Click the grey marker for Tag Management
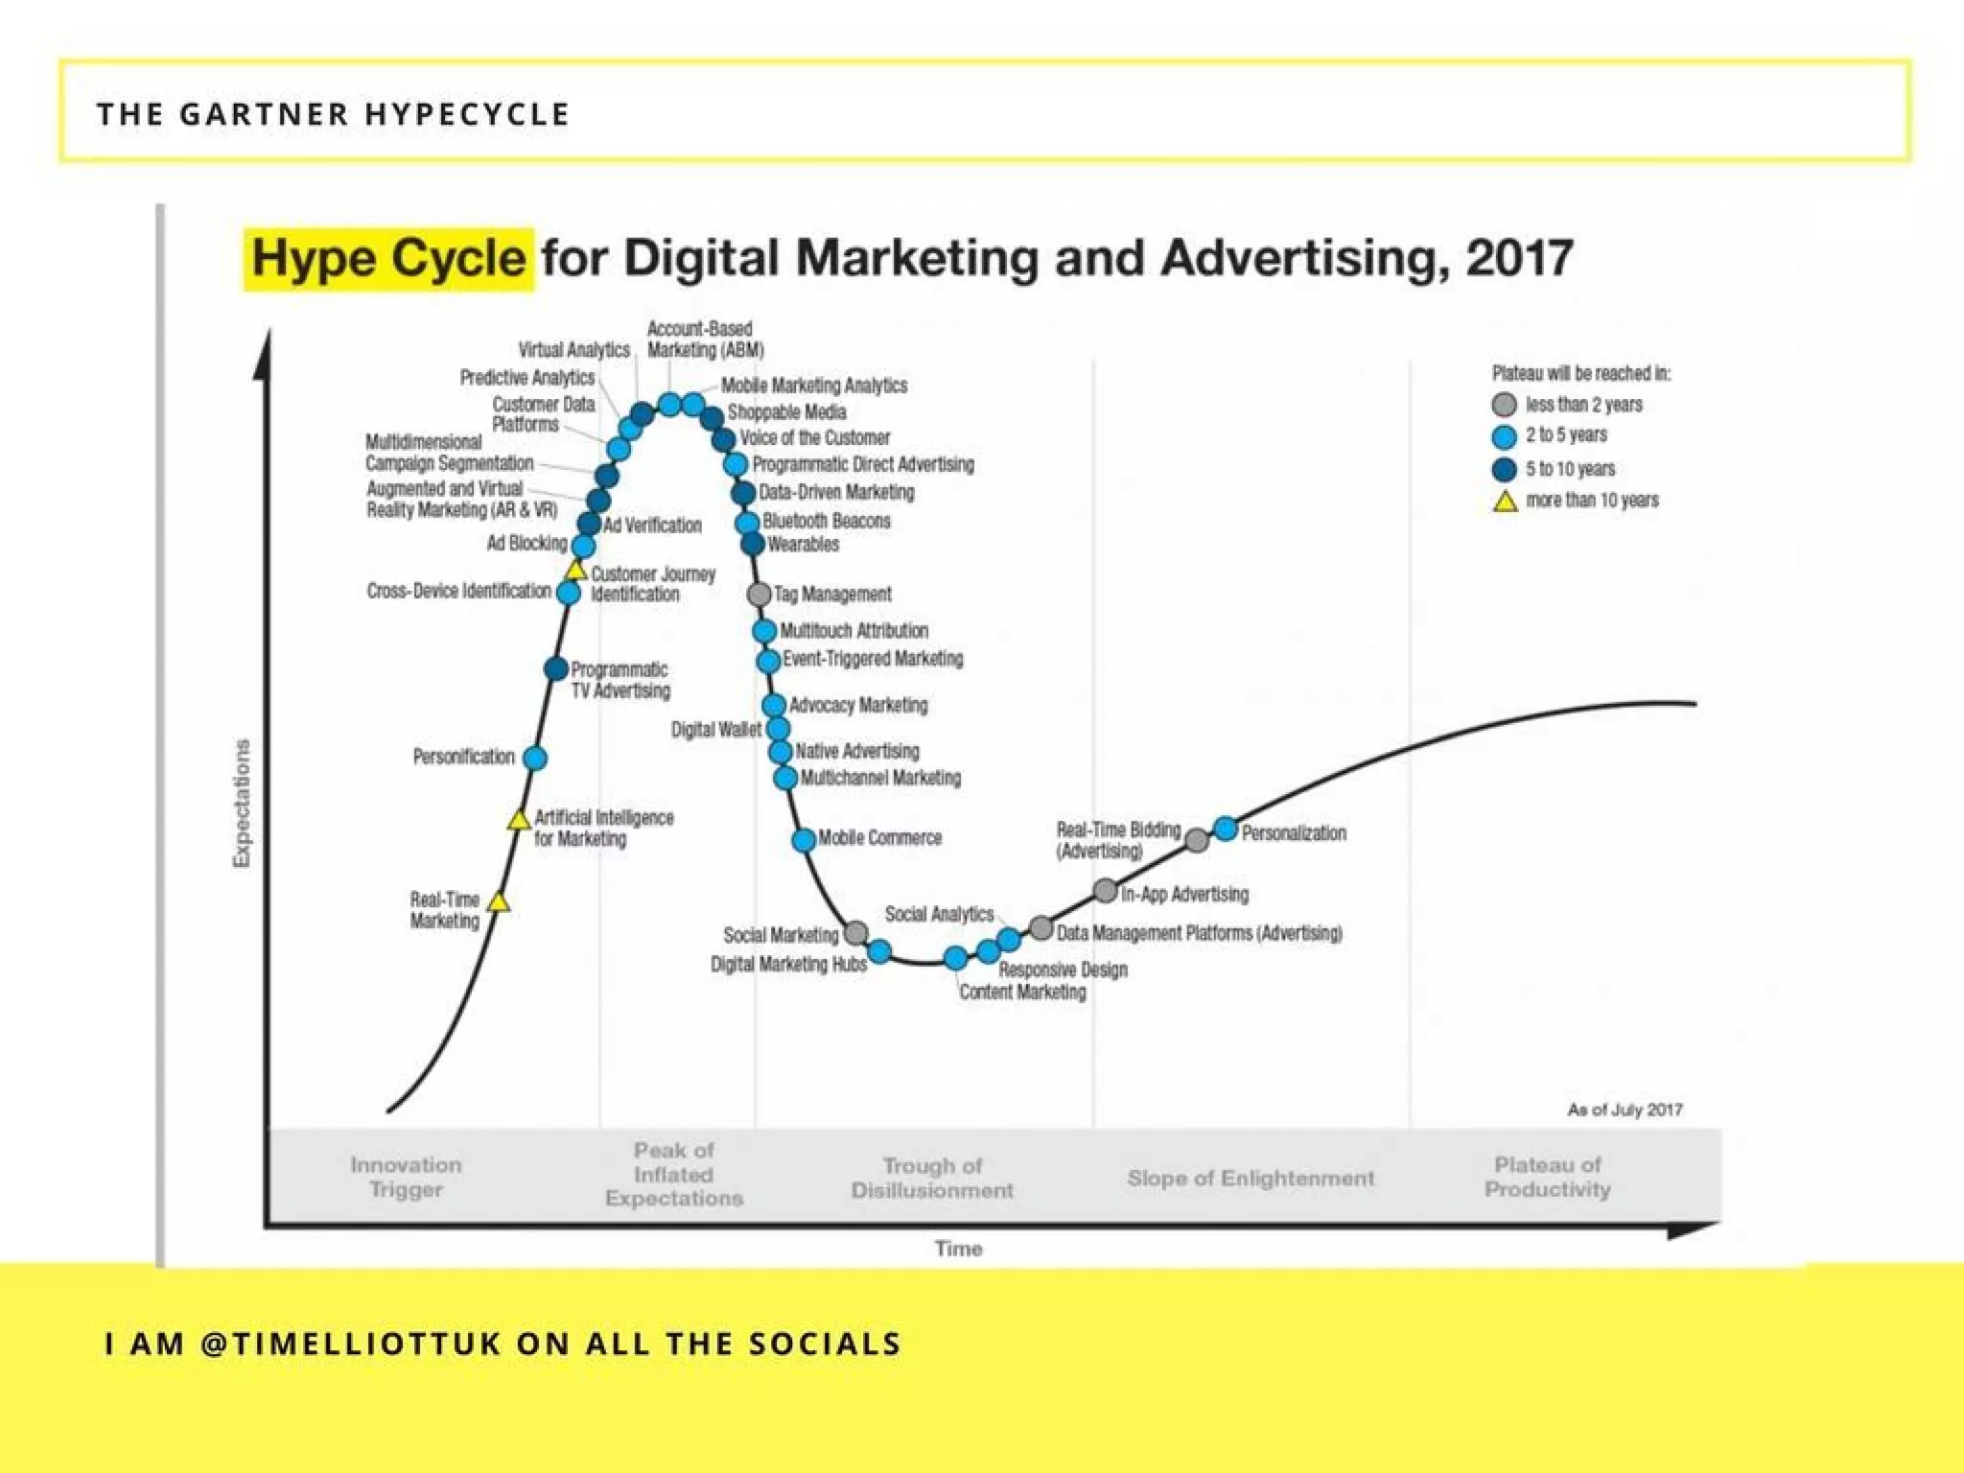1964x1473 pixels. [759, 595]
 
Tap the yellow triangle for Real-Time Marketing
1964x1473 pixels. [498, 902]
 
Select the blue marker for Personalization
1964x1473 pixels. [1226, 829]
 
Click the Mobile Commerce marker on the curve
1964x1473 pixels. [804, 840]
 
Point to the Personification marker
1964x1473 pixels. [535, 759]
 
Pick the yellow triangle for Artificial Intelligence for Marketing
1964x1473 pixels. [519, 820]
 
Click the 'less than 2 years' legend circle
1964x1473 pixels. [1505, 405]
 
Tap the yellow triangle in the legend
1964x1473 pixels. [1506, 502]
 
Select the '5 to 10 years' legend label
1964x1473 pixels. [1570, 469]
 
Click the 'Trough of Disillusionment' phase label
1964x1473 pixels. [932, 1178]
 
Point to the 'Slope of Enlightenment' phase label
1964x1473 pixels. [1251, 1178]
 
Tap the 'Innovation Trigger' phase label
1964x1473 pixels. [406, 1177]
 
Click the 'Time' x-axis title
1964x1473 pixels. [958, 1249]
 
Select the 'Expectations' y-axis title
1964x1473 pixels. [242, 804]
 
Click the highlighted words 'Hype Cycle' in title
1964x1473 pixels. [388, 259]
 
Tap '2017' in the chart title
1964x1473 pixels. [1519, 259]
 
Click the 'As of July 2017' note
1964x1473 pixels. [1625, 1110]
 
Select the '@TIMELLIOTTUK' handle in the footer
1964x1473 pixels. [352, 1344]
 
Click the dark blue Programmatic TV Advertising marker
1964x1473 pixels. [555, 668]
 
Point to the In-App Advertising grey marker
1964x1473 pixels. [1105, 891]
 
